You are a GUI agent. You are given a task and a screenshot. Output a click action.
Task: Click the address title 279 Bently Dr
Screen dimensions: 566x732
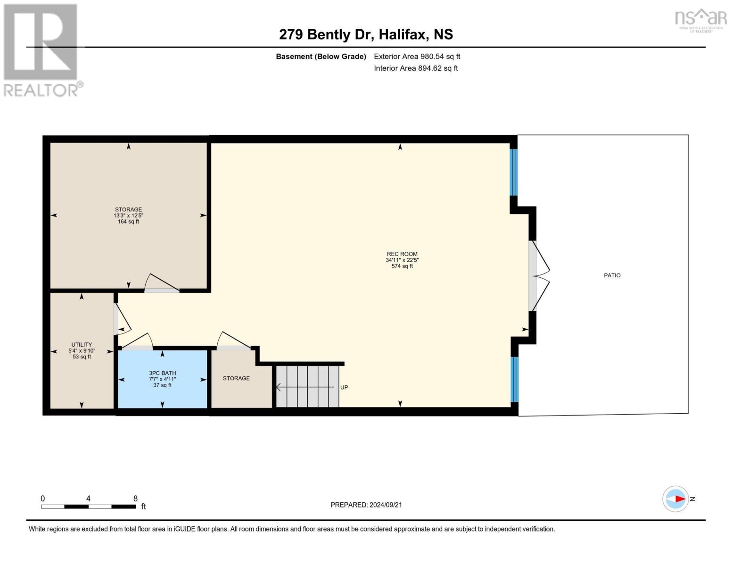coord(366,34)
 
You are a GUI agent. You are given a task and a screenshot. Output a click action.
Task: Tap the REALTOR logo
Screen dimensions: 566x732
coord(41,50)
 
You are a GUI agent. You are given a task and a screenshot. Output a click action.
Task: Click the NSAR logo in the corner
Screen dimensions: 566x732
coord(700,20)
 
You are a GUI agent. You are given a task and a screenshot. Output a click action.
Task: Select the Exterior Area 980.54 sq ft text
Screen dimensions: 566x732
coord(417,57)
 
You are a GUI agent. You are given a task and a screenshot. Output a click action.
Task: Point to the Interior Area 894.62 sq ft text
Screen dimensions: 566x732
coord(416,68)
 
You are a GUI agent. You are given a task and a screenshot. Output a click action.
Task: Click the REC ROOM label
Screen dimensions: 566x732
coord(402,254)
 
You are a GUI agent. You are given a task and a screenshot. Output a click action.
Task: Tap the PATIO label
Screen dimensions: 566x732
coord(612,275)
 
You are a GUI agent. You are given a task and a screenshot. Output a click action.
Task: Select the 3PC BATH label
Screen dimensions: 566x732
coord(162,373)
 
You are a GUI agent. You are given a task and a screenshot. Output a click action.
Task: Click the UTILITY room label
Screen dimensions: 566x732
coord(82,345)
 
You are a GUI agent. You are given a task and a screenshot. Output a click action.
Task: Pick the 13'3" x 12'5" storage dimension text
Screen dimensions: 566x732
coord(128,216)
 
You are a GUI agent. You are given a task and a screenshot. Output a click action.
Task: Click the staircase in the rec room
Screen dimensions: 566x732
coord(307,387)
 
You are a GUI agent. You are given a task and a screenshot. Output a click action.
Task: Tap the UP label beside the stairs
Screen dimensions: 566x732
coord(344,388)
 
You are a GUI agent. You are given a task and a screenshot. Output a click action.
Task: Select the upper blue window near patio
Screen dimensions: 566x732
coord(514,172)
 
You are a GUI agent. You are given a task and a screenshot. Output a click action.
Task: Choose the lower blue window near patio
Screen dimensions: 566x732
coord(514,379)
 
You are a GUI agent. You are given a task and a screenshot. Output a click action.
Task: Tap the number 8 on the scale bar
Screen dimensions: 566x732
coord(136,499)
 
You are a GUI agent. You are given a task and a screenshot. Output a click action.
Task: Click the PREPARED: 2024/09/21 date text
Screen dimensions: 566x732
coord(366,505)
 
